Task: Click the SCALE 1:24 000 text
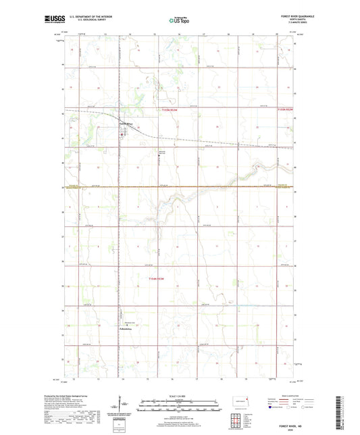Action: pyautogui.click(x=180, y=396)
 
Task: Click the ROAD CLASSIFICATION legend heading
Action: pyautogui.click(x=292, y=397)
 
